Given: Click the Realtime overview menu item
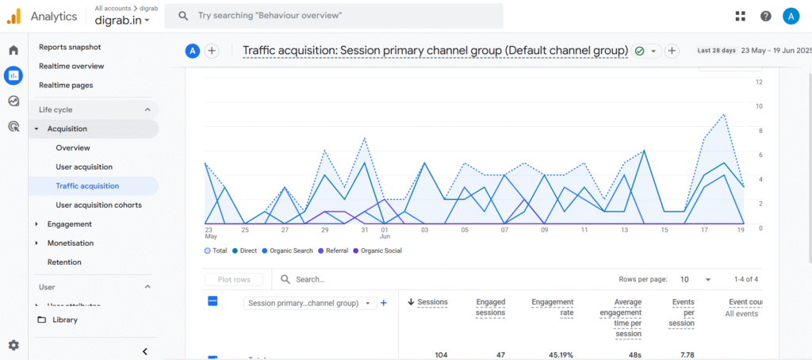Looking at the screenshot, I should point(71,66).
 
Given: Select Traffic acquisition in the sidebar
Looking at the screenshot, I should point(87,186).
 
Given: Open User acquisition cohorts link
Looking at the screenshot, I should point(98,205).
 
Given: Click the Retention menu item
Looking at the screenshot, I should point(64,262).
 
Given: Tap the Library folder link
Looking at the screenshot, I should point(64,320).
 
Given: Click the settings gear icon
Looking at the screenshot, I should point(13,345).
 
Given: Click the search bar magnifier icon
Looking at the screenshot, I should point(182,16).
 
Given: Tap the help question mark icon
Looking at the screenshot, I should point(765,16).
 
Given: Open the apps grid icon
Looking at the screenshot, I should point(741,16).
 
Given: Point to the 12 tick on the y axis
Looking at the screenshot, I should point(759,82).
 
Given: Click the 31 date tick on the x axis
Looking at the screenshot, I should point(364,231).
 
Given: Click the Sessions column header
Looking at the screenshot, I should point(432,301).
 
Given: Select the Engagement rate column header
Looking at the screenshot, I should point(552,308).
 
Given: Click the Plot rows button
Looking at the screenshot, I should point(234,279).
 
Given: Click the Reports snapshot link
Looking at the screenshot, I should point(70,47).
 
